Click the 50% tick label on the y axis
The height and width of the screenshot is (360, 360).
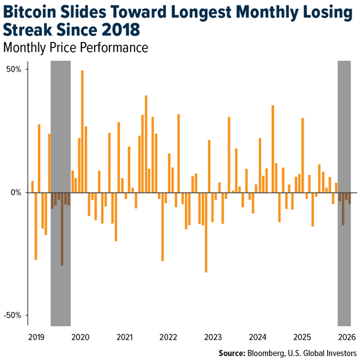click(x=14, y=69)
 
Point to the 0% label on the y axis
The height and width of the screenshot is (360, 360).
click(x=16, y=192)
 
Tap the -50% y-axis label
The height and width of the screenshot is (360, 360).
click(x=13, y=315)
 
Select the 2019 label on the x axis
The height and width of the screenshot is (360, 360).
click(x=37, y=337)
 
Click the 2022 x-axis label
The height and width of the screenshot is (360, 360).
click(x=168, y=337)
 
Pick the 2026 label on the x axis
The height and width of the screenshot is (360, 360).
click(x=347, y=337)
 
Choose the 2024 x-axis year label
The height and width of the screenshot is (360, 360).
click(x=258, y=337)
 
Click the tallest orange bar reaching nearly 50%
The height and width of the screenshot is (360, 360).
click(x=82, y=131)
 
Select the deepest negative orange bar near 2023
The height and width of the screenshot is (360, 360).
click(x=206, y=232)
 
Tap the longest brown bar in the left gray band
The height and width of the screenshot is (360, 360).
click(x=62, y=229)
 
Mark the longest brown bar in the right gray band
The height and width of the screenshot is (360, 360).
click(x=343, y=208)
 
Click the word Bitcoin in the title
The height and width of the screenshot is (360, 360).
click(x=30, y=12)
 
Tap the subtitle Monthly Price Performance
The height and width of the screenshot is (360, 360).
click(x=75, y=47)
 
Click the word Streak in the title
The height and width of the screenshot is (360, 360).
click(x=28, y=30)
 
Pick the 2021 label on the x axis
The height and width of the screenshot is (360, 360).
click(x=125, y=337)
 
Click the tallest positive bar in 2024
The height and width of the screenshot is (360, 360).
click(x=273, y=149)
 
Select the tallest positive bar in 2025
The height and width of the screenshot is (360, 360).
click(x=302, y=155)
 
